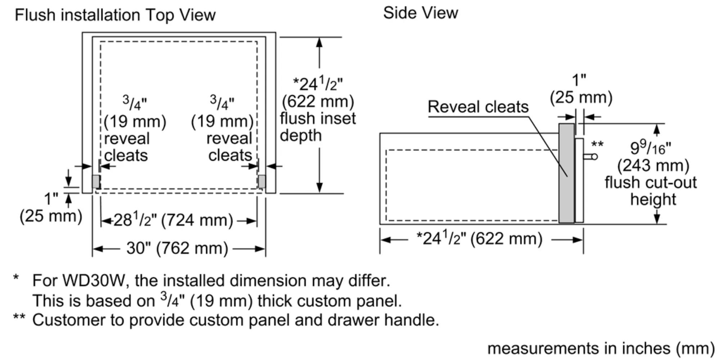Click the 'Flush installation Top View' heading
pos(115,15)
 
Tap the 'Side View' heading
pos(420,13)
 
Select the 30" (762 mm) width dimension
pos(177,248)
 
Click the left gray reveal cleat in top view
pos(96,181)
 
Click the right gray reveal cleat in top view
pos(262,181)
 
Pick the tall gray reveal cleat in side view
pos(566,173)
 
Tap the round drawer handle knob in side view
pos(594,157)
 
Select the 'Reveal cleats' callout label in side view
pos(478,107)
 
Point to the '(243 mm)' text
pos(653,166)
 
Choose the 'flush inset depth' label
pos(318,127)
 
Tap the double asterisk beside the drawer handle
pos(597,145)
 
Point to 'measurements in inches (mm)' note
pos(600,348)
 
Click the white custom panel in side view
pos(579,180)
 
